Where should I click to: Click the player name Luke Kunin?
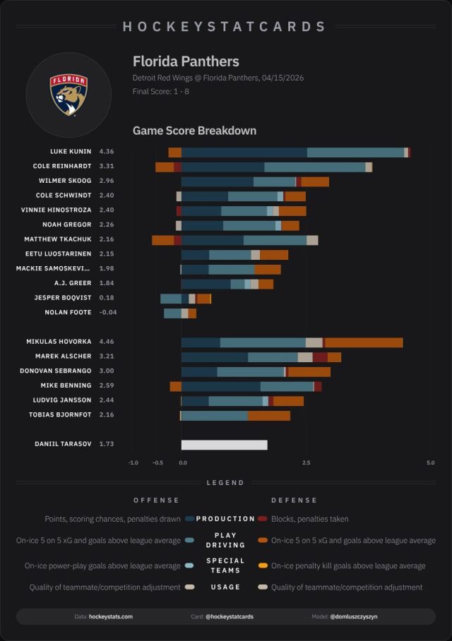pyautogui.click(x=71, y=152)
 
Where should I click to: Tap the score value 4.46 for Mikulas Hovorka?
pyautogui.click(x=107, y=342)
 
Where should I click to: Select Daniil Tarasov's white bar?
pyautogui.click(x=224, y=445)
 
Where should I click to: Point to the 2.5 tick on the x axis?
pyautogui.click(x=307, y=463)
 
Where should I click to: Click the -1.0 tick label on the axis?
pyautogui.click(x=133, y=463)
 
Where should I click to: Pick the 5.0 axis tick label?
pyautogui.click(x=430, y=463)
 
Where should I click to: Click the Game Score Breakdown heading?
pyautogui.click(x=194, y=131)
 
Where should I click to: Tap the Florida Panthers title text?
pyautogui.click(x=186, y=61)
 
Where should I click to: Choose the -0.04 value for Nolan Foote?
pyautogui.click(x=108, y=312)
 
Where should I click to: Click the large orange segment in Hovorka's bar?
pyautogui.click(x=364, y=342)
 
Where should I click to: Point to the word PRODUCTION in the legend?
pyautogui.click(x=225, y=519)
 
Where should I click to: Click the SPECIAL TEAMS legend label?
pyautogui.click(x=225, y=565)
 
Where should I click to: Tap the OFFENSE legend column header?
pyautogui.click(x=156, y=501)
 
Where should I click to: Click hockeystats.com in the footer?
pyautogui.click(x=111, y=616)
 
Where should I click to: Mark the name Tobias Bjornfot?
pyautogui.click(x=63, y=414)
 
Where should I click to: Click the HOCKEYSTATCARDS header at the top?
pyautogui.click(x=225, y=27)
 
